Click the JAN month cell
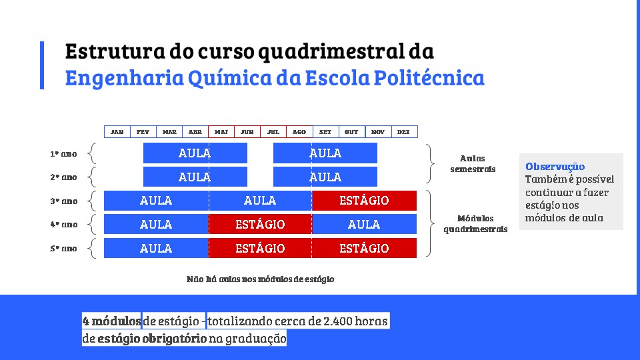pos(117,132)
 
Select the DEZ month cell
pos(404,132)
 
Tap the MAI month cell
pos(221,132)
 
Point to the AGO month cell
pos(299,132)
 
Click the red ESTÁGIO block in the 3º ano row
pos(364,201)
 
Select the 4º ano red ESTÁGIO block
pos(260,224)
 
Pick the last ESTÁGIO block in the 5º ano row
pos(364,248)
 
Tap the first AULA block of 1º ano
pos(195,153)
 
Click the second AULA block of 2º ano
pos(325,177)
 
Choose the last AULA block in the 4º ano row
pos(364,224)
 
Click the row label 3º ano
pos(64,201)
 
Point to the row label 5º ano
pos(64,249)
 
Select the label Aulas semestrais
pos(473,163)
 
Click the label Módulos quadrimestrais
pos(475,224)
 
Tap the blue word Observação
pos(555,167)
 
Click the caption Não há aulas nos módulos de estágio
pos(261,279)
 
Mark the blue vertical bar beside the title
pos(42,65)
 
